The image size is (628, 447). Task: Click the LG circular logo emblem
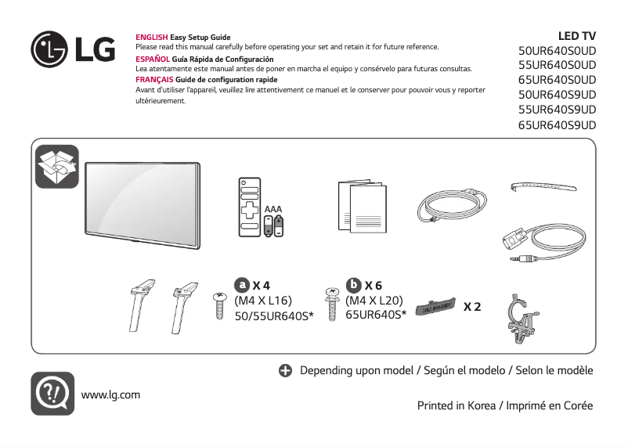pyautogui.click(x=50, y=49)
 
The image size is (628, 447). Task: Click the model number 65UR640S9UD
pyautogui.click(x=557, y=124)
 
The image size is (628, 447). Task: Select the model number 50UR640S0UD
pyautogui.click(x=557, y=50)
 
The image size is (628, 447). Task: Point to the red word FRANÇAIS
pyautogui.click(x=154, y=80)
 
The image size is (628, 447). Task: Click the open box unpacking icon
pyautogui.click(x=57, y=166)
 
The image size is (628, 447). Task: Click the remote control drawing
pyautogui.click(x=249, y=207)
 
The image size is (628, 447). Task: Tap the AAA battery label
pyautogui.click(x=272, y=209)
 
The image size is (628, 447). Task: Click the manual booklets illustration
pyautogui.click(x=361, y=205)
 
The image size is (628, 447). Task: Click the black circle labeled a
pyautogui.click(x=243, y=285)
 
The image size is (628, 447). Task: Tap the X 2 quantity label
pyautogui.click(x=472, y=306)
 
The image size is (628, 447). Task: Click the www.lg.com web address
pyautogui.click(x=110, y=394)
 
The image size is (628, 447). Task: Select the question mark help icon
pyautogui.click(x=52, y=393)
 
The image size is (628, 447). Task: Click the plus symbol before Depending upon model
pyautogui.click(x=286, y=370)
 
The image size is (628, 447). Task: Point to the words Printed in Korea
pyautogui.click(x=455, y=406)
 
